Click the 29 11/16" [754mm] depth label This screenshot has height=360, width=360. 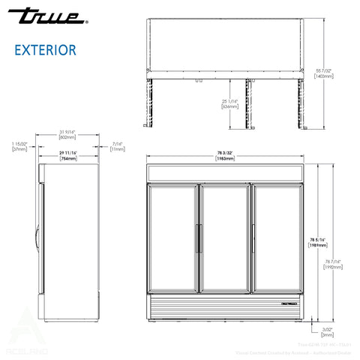[68, 156]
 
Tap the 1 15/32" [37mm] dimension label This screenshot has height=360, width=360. [19, 145]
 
